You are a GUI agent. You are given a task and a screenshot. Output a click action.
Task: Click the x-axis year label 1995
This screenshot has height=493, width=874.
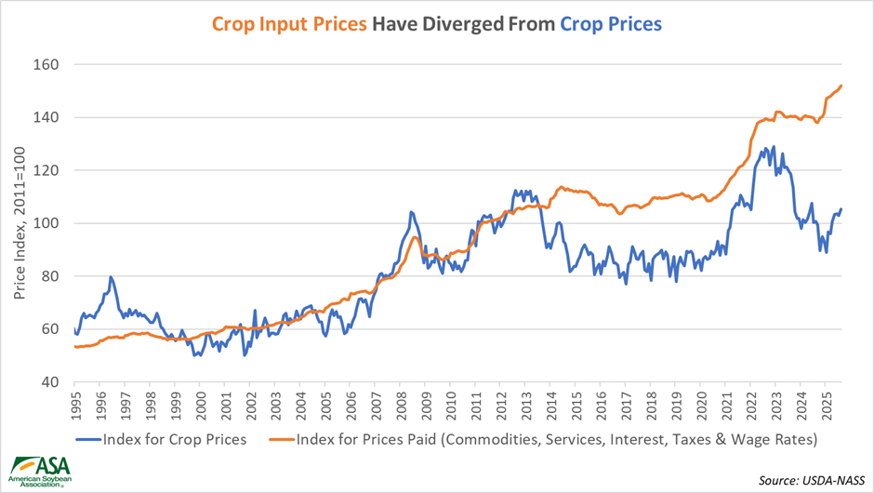pyautogui.click(x=75, y=406)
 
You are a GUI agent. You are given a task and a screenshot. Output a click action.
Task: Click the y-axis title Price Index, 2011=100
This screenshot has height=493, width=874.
pyautogui.click(x=20, y=223)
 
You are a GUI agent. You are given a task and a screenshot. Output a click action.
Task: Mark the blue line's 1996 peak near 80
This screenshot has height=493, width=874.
pyautogui.click(x=111, y=276)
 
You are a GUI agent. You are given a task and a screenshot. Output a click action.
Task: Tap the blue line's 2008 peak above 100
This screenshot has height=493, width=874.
pyautogui.click(x=410, y=212)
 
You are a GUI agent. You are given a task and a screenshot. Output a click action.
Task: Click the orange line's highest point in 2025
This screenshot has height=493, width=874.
pyautogui.click(x=841, y=86)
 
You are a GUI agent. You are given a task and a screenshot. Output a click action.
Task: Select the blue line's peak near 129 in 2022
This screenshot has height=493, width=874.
pyautogui.click(x=773, y=146)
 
